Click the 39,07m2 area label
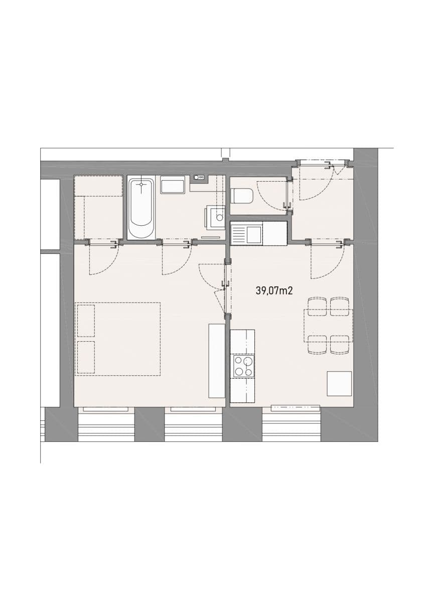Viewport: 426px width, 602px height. click(x=274, y=290)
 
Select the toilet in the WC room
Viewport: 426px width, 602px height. click(x=242, y=196)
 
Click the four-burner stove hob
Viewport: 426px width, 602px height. click(x=243, y=366)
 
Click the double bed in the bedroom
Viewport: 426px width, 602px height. click(x=118, y=339)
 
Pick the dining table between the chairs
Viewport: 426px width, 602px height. click(x=328, y=326)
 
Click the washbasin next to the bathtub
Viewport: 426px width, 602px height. click(x=173, y=185)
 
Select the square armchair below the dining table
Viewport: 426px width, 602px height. click(x=339, y=384)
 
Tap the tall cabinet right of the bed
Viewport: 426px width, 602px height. click(x=217, y=361)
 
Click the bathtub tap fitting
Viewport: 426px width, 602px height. click(x=141, y=184)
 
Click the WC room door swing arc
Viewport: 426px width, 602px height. click(x=271, y=196)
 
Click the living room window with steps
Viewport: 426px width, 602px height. click(x=291, y=424)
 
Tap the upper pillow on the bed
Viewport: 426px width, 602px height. click(x=86, y=320)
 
